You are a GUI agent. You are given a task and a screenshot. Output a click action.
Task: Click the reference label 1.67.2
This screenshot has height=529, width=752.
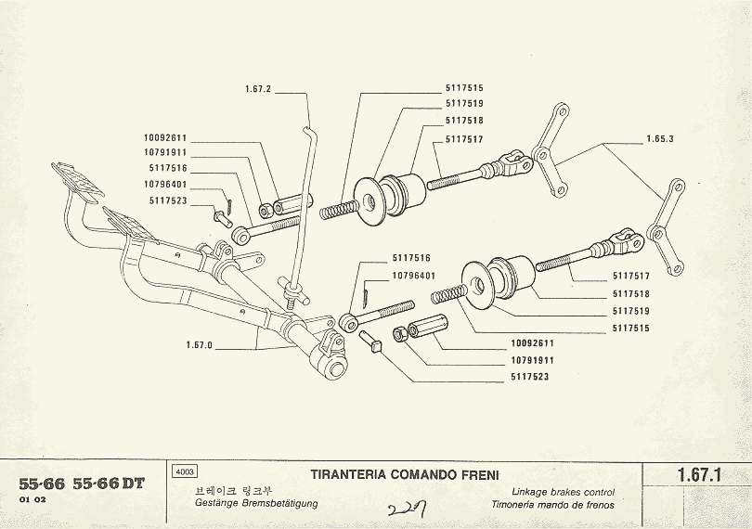tap(257, 89)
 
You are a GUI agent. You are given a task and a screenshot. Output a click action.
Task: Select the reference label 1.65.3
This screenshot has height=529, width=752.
tap(659, 139)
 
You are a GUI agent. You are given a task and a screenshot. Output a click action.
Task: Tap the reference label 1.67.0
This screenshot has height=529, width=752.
tap(199, 345)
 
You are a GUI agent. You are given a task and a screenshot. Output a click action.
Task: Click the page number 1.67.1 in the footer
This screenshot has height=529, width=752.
tap(700, 475)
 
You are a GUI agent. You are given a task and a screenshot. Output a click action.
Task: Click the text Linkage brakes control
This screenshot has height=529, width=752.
tap(563, 493)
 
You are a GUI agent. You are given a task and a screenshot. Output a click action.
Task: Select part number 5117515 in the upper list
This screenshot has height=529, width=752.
tap(464, 87)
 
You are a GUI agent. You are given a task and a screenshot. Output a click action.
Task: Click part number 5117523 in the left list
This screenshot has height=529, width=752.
tap(167, 200)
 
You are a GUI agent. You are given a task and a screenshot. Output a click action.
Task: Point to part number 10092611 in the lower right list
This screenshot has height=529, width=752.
tap(530, 343)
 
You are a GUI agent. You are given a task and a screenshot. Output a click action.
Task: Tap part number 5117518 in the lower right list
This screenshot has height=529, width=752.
tap(631, 293)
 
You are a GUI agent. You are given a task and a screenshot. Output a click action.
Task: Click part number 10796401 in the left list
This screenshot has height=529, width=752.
tap(167, 184)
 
